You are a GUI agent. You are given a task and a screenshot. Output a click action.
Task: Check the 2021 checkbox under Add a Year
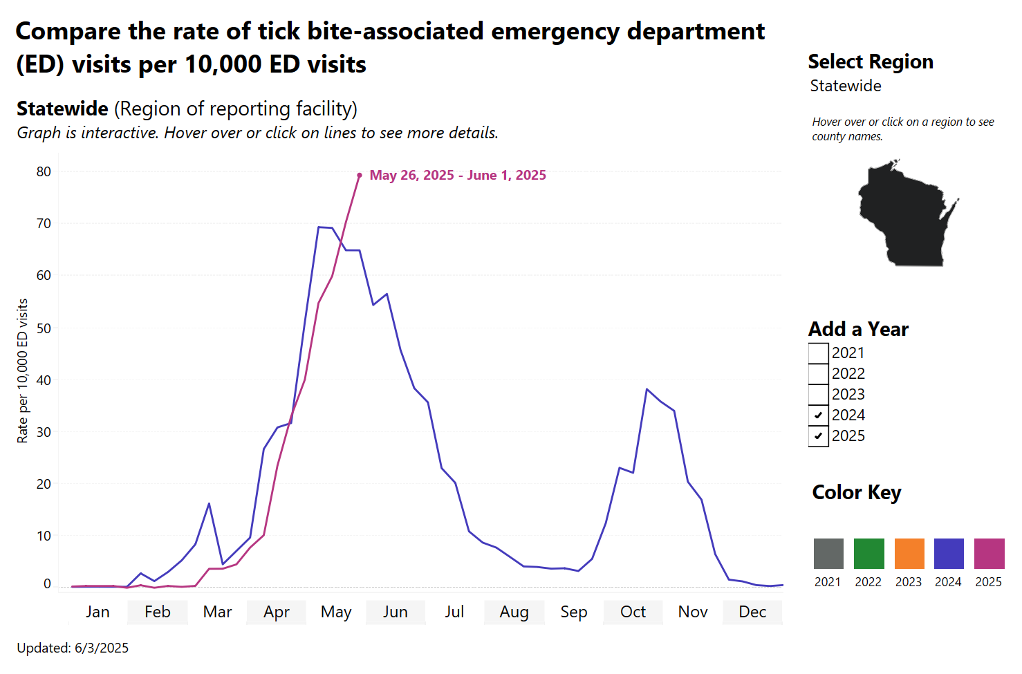point(819,353)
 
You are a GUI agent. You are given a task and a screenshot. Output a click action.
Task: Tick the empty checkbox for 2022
point(819,374)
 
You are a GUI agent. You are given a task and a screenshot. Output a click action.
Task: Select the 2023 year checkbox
point(819,395)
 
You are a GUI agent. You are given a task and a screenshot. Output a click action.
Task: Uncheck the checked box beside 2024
point(819,415)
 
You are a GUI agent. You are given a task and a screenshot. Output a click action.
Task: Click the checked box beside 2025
point(819,436)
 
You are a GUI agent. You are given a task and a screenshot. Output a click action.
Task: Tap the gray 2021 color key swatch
point(828,554)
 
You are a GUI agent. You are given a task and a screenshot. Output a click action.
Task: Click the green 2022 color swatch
point(868,554)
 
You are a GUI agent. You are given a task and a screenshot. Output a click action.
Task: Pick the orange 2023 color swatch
point(909,554)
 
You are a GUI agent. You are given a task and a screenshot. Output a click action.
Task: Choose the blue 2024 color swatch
point(949,554)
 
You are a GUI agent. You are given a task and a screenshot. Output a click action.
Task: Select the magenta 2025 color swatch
point(989,554)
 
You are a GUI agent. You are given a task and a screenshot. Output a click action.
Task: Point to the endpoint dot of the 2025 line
point(360,176)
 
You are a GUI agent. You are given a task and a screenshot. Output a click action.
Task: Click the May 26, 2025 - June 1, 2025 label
point(458,176)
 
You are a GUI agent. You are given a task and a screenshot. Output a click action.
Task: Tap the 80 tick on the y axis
point(44,171)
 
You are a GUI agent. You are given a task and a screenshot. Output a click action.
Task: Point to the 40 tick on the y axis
point(44,380)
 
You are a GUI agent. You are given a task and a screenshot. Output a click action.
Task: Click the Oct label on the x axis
point(633,612)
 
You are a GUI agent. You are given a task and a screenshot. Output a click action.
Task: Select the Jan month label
point(98,612)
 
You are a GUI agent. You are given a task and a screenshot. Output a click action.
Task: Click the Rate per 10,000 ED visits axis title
point(23,371)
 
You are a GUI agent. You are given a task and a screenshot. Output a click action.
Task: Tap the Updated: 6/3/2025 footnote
point(73,648)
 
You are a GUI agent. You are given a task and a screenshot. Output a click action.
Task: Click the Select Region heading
point(871,62)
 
